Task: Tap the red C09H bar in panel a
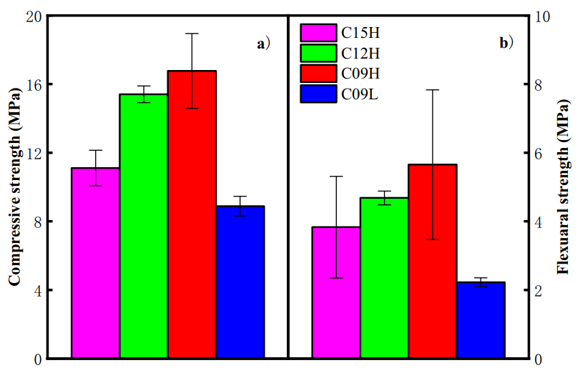coord(192,214)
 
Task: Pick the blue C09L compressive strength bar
coord(240,282)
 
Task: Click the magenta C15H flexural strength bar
coord(336,292)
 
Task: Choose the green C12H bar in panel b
coord(384,278)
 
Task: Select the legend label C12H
coord(360,53)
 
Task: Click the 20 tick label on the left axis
coord(33,16)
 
